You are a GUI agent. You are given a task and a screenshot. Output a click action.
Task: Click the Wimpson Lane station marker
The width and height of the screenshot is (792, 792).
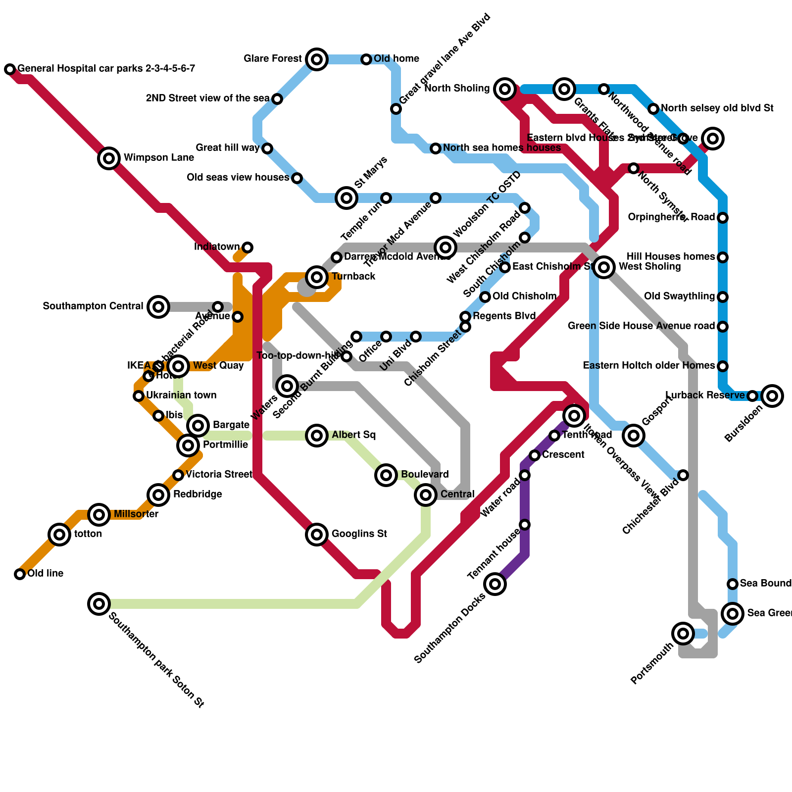coord(109,158)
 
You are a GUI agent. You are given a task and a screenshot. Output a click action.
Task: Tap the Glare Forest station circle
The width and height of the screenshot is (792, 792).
coord(317,59)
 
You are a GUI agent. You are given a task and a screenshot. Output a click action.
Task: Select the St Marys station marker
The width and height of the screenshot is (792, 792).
coord(346,198)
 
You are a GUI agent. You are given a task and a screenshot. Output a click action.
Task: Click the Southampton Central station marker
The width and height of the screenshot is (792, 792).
coord(158,307)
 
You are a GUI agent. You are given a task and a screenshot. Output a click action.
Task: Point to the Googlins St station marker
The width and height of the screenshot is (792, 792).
coord(317,535)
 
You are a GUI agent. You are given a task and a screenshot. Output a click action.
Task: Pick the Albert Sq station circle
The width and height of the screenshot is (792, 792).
coord(317,436)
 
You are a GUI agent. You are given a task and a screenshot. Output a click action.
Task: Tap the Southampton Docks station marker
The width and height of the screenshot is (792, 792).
coord(495,584)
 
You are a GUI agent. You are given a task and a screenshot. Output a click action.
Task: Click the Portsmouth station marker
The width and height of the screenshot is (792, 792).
coord(683,634)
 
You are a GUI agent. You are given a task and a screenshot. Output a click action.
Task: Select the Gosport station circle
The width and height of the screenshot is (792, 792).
coord(634,436)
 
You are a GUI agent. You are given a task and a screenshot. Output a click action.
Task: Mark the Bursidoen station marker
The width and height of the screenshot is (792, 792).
coord(772,396)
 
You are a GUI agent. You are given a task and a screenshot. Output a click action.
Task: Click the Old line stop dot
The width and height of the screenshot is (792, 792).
coord(20,574)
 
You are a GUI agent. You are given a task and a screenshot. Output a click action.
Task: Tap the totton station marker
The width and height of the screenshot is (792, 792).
coord(59,535)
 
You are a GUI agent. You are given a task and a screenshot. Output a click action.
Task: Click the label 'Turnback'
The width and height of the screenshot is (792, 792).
coord(353,276)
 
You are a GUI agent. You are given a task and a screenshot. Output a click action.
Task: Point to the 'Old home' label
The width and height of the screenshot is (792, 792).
coord(396,58)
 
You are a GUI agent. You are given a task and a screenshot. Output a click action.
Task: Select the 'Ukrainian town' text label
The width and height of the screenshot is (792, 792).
coord(181,395)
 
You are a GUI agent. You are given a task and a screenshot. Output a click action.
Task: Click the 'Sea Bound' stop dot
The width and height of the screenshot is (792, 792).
coord(733,584)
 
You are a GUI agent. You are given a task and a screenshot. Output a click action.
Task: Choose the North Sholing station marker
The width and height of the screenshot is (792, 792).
coord(505,89)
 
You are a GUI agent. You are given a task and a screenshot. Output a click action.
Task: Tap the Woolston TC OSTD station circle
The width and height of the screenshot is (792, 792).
coord(445,247)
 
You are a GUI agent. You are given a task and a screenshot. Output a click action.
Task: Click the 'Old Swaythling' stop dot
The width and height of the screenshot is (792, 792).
coord(723,297)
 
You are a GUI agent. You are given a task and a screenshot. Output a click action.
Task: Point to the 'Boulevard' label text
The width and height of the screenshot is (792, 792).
coord(425,474)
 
